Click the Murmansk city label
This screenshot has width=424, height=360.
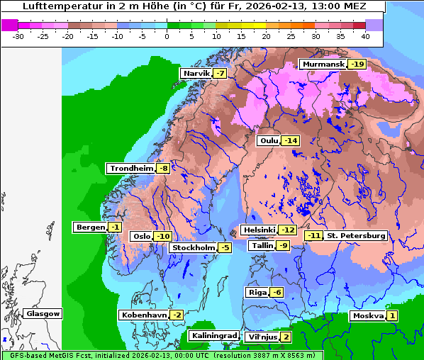(x=323, y=64)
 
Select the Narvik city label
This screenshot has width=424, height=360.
(x=196, y=74)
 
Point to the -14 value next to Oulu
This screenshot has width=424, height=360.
(x=291, y=140)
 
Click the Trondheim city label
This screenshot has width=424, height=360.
(x=130, y=168)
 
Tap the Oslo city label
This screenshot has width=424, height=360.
(x=142, y=236)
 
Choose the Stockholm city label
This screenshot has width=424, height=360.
(x=194, y=247)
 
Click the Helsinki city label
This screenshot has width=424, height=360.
(x=259, y=230)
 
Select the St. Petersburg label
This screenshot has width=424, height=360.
(x=356, y=235)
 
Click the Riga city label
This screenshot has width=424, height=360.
(x=257, y=292)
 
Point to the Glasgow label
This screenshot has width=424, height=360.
(x=43, y=313)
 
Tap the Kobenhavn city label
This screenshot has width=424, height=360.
(x=144, y=315)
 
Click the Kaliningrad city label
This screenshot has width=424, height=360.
(x=213, y=335)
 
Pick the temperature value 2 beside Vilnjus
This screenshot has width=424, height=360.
(x=286, y=337)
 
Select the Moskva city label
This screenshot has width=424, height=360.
(x=368, y=315)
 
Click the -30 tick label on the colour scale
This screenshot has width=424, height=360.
(x=18, y=35)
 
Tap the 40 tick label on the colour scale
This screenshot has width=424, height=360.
(x=365, y=35)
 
